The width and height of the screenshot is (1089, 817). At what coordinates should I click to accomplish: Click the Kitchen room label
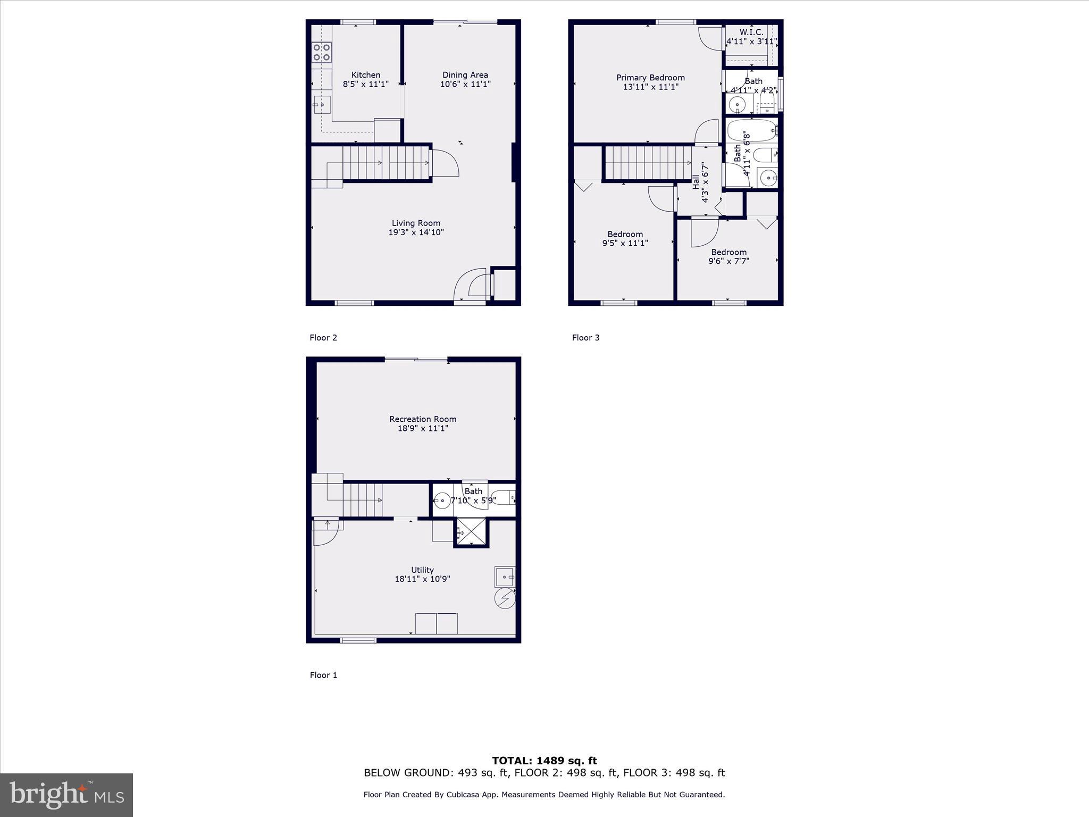[x=365, y=75]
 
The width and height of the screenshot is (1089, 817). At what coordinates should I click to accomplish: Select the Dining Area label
[x=465, y=75]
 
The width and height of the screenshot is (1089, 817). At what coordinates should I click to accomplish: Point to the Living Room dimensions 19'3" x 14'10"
[x=416, y=232]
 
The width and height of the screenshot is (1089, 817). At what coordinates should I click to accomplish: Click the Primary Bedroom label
[x=650, y=78]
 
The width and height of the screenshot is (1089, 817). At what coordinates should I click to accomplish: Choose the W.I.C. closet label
[x=751, y=32]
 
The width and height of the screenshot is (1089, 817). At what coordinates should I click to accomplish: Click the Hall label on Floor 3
[x=696, y=182]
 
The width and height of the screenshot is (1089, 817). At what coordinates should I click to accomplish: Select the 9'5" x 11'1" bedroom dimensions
[x=625, y=243]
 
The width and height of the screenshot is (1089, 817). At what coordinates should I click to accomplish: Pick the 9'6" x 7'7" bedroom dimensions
[x=728, y=261]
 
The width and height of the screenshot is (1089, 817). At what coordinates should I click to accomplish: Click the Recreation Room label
[x=423, y=419]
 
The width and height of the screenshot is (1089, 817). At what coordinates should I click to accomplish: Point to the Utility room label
[x=422, y=570]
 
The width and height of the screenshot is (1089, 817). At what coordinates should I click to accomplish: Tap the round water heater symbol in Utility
[x=505, y=598]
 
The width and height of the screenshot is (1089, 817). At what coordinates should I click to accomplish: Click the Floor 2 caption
[x=323, y=338]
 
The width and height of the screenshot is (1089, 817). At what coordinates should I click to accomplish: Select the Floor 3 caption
[x=585, y=338]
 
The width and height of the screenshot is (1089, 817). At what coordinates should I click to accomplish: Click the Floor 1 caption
[x=323, y=675]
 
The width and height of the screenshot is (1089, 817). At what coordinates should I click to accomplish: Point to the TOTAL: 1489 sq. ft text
[x=544, y=761]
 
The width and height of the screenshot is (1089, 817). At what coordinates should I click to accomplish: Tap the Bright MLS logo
[x=66, y=795]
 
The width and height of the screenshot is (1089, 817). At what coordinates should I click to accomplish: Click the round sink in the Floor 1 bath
[x=442, y=501]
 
